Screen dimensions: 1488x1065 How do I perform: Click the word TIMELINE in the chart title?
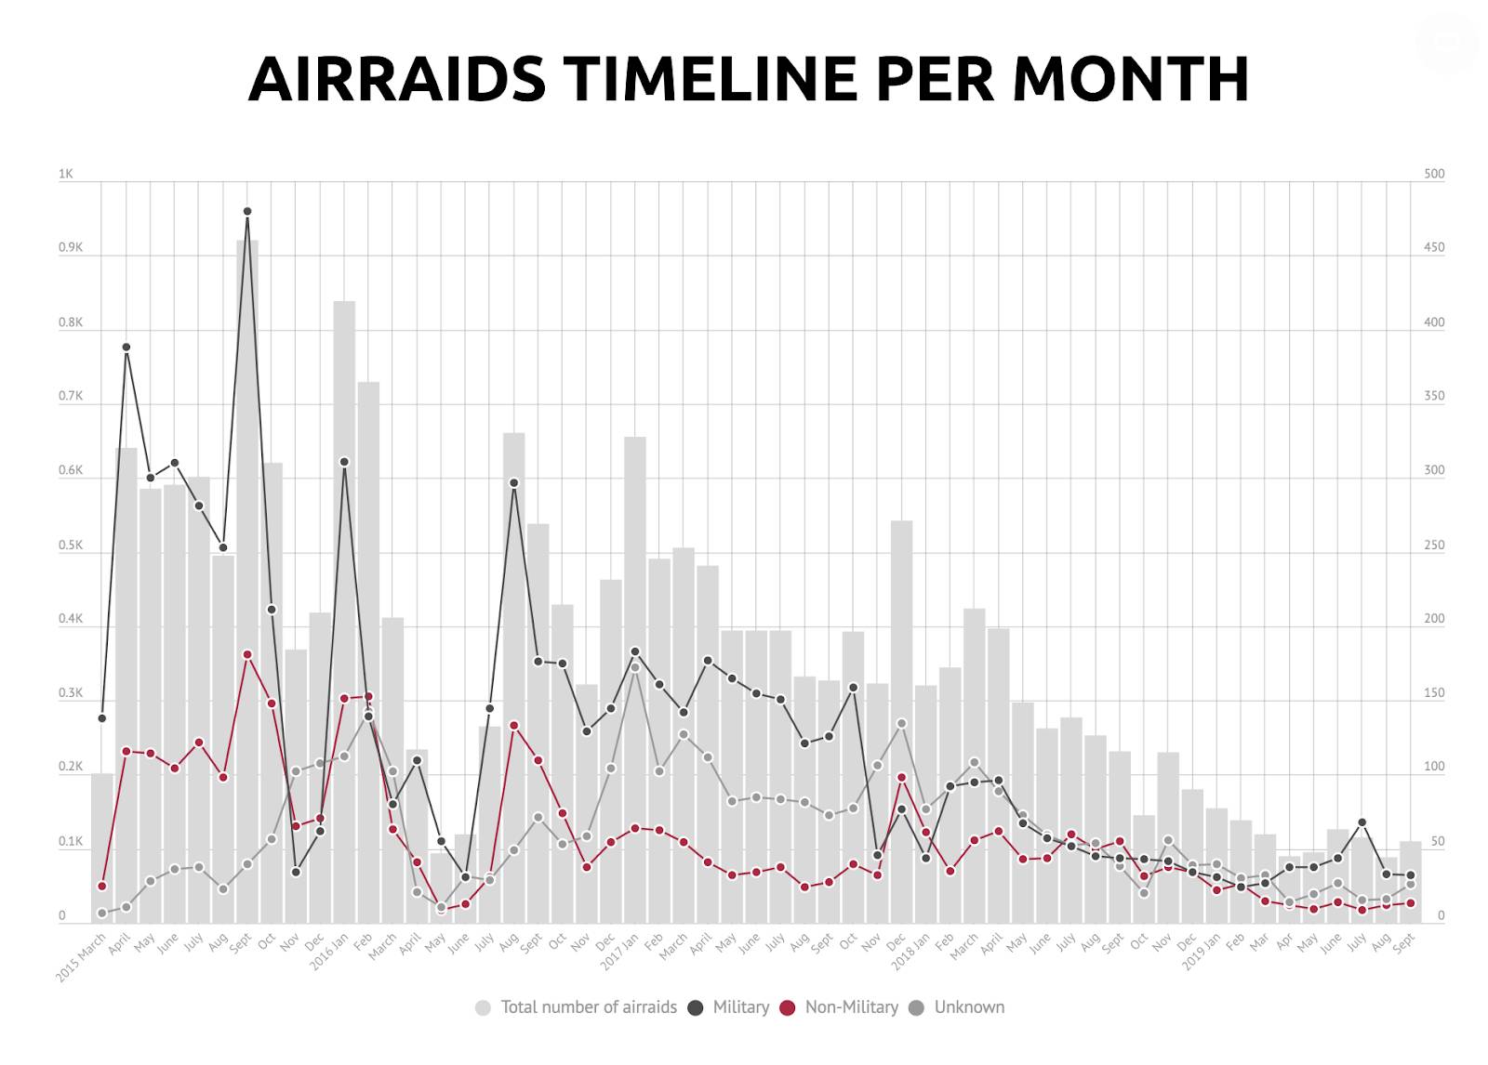click(711, 79)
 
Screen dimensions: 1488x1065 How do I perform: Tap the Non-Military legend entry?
click(839, 1007)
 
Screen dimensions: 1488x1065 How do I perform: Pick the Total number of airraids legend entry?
click(577, 1007)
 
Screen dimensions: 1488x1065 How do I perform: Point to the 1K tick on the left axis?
click(66, 174)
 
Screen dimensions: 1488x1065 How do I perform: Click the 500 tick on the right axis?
click(1434, 174)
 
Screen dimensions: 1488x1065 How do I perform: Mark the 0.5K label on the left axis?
click(71, 546)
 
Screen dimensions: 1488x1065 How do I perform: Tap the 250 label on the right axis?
click(1434, 546)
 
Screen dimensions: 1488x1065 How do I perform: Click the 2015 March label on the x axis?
click(80, 957)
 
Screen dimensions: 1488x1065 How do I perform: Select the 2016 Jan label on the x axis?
click(329, 952)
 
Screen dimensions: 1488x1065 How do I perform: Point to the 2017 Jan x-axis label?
click(619, 952)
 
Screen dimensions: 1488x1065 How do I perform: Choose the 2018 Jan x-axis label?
click(910, 952)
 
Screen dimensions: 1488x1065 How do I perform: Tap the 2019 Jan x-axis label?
click(1202, 952)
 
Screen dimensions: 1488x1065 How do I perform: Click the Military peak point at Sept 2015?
click(247, 211)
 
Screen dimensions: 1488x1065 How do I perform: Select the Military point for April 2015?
click(126, 348)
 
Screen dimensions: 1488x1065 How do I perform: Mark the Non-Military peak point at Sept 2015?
click(247, 654)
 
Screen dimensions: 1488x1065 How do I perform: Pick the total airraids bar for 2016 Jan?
click(344, 611)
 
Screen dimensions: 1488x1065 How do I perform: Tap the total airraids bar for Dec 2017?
click(901, 722)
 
